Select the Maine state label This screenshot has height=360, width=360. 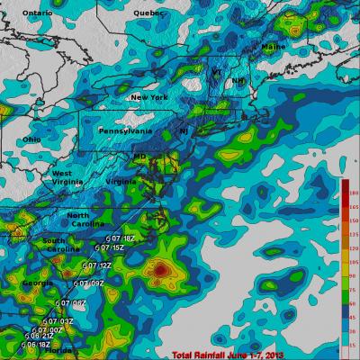click(x=273, y=45)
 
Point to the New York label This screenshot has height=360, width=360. click(x=148, y=97)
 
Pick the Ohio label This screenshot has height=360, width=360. click(x=31, y=139)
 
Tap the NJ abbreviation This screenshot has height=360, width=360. click(x=184, y=131)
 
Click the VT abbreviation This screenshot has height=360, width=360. click(x=215, y=77)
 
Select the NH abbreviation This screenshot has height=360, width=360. click(x=238, y=81)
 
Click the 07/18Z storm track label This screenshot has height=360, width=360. click(x=121, y=238)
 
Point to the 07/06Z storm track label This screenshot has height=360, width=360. click(x=72, y=303)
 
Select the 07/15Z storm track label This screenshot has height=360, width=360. click(x=111, y=247)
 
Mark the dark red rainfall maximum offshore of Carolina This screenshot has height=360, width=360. click(x=160, y=268)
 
